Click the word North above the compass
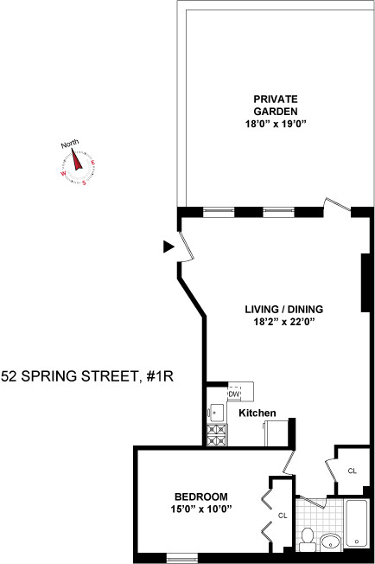[70, 144]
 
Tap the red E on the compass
[93, 164]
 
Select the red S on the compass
[84, 183]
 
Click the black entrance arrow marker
[168, 247]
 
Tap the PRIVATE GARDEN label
[276, 106]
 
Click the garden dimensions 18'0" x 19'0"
[276, 125]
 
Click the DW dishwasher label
[233, 394]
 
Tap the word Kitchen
[257, 413]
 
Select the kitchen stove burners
[216, 435]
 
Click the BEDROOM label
[200, 496]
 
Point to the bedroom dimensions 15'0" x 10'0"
[200, 508]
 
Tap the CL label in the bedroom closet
[282, 516]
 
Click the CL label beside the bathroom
[352, 471]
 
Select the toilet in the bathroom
[306, 539]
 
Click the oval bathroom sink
[330, 542]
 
